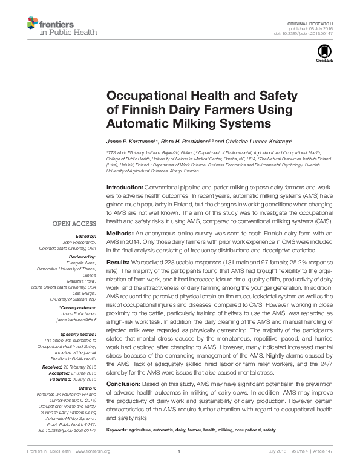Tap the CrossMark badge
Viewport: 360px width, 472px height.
point(324,56)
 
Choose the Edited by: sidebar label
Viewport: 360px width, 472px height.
point(85,235)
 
